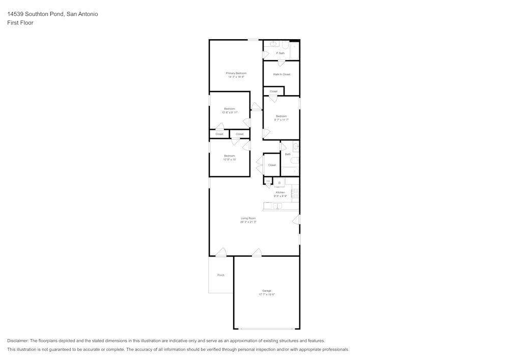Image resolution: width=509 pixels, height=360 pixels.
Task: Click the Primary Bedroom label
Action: [x=236, y=73]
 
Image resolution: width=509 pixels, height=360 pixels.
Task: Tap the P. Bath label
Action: [x=280, y=53]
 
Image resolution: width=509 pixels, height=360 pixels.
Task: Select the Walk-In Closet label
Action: [x=281, y=74]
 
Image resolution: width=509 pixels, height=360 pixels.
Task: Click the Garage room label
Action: [x=267, y=291]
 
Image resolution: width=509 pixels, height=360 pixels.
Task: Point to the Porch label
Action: [x=221, y=275]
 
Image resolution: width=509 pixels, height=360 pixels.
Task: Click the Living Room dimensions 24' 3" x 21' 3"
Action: [x=248, y=222]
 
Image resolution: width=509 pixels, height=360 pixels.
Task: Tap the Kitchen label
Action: [x=280, y=192]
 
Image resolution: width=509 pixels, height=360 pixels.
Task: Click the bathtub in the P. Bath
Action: [x=294, y=51]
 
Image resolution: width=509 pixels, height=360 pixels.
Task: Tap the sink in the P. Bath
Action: [x=273, y=44]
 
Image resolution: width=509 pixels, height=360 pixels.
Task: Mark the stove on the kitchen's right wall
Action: [x=295, y=193]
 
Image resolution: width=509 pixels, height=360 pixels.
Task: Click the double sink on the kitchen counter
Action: [x=277, y=206]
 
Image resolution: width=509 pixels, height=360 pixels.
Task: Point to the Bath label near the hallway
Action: [x=288, y=154]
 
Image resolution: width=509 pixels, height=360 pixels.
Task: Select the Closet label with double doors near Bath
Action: [x=272, y=165]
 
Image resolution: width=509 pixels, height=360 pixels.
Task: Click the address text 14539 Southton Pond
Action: [x=36, y=14]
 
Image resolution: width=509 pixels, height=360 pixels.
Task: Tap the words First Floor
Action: [x=20, y=23]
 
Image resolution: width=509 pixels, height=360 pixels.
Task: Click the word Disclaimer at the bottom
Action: [x=18, y=341]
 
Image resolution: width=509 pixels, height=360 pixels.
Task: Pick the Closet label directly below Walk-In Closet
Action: [x=273, y=91]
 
